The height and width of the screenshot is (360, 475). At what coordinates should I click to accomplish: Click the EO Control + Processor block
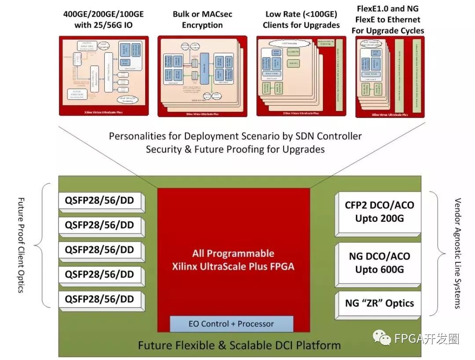[231, 324]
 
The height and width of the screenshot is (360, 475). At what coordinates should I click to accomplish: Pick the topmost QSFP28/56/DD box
[99, 201]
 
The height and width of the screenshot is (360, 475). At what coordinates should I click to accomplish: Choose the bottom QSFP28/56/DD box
[99, 299]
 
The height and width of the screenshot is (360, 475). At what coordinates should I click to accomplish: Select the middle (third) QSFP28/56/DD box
[99, 250]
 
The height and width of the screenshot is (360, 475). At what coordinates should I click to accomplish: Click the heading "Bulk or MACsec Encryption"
[202, 20]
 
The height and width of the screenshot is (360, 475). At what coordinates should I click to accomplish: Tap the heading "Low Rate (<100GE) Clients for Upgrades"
[301, 20]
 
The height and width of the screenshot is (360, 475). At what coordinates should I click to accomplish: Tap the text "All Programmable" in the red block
[233, 253]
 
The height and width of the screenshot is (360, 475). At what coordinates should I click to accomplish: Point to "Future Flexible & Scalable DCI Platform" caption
[239, 345]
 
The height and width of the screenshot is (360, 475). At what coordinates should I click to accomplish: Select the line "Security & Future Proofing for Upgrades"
[235, 149]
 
